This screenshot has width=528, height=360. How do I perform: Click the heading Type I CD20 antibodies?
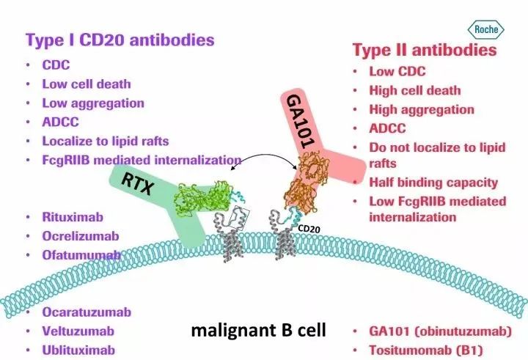[120, 39]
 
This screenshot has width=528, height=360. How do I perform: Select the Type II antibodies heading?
[425, 50]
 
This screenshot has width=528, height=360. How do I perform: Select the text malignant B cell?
[258, 331]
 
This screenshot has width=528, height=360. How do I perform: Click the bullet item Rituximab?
[72, 217]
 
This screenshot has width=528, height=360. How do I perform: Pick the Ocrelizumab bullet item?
[80, 236]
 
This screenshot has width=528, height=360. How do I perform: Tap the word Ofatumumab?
[81, 255]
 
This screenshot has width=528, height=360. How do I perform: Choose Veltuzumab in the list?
[78, 331]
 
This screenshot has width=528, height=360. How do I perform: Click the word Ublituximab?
[78, 350]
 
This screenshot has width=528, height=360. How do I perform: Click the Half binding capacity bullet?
[433, 182]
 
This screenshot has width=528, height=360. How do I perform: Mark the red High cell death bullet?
[415, 90]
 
